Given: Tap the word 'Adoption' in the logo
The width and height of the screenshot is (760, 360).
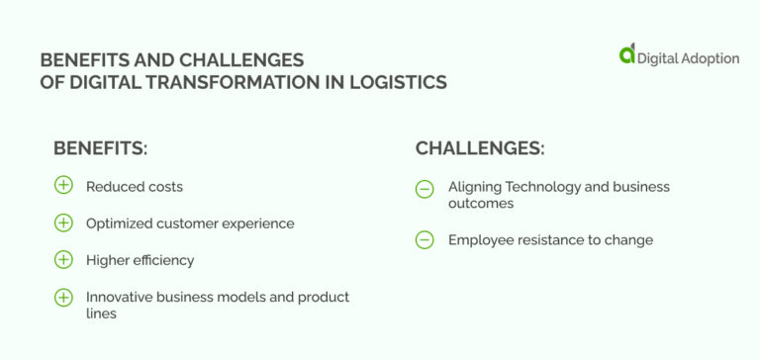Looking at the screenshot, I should [709, 58].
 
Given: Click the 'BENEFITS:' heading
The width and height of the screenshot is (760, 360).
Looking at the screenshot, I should [100, 148].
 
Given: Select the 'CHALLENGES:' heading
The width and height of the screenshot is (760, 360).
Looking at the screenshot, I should [480, 148].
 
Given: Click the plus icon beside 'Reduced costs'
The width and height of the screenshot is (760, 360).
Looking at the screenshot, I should [63, 186].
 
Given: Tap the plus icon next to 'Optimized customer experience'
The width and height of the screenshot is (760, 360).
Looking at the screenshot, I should [63, 223].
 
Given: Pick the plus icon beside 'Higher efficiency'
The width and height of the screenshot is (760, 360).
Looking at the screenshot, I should [63, 259].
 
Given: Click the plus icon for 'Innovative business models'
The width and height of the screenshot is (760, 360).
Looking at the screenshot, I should [63, 297].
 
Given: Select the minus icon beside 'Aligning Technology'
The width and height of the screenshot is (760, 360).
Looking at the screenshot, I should [425, 188].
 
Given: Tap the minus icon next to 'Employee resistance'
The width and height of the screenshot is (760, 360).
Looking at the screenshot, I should [425, 239].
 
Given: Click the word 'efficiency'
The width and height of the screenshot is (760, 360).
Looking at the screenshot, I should [163, 260].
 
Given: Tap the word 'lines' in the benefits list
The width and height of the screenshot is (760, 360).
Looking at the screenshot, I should [101, 314].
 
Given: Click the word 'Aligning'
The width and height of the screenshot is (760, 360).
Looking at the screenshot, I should [475, 186].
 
